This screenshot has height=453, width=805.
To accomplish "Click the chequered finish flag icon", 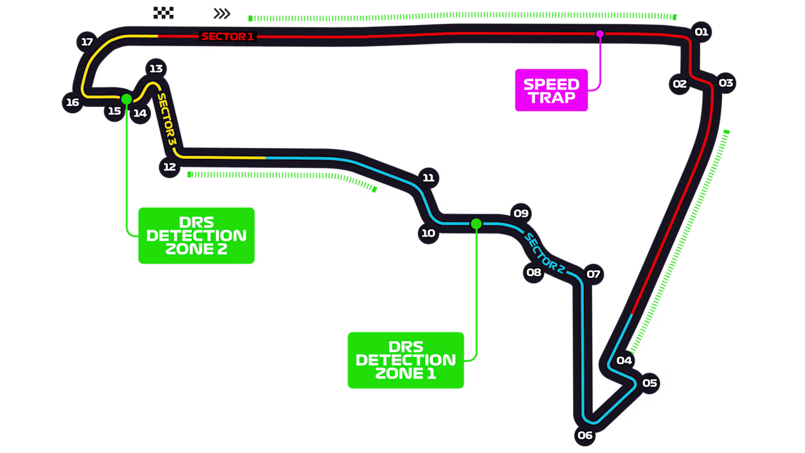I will pyautogui.click(x=163, y=13).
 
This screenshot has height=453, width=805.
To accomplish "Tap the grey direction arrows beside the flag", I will pyautogui.click(x=222, y=14).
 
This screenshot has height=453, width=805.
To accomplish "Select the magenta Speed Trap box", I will pyautogui.click(x=551, y=90).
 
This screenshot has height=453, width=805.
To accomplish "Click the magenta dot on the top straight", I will pyautogui.click(x=600, y=33).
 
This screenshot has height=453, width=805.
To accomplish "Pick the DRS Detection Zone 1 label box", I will pyautogui.click(x=406, y=360).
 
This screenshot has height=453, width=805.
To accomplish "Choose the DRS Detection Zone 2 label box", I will pyautogui.click(x=197, y=236).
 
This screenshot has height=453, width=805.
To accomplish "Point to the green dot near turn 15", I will pyautogui.click(x=127, y=99).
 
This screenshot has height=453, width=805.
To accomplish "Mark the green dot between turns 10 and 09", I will pyautogui.click(x=476, y=224).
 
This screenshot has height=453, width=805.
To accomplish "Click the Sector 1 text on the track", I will pyautogui.click(x=228, y=37).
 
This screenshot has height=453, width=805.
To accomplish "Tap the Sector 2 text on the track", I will pyautogui.click(x=544, y=253).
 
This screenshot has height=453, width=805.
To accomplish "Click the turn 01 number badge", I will pyautogui.click(x=701, y=32).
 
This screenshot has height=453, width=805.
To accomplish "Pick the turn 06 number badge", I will pyautogui.click(x=585, y=436).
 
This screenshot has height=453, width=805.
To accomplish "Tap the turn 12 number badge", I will pyautogui.click(x=169, y=167).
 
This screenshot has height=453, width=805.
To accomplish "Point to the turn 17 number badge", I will pyautogui.click(x=87, y=42).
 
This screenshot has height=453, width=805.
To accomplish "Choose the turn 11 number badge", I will pyautogui.click(x=428, y=178).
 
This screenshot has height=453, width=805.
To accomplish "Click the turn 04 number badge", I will pyautogui.click(x=624, y=360).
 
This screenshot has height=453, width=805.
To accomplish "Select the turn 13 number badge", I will pyautogui.click(x=156, y=69).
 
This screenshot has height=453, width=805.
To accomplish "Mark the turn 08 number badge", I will pyautogui.click(x=534, y=272).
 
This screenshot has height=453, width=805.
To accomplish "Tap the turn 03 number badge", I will pyautogui.click(x=726, y=83).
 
